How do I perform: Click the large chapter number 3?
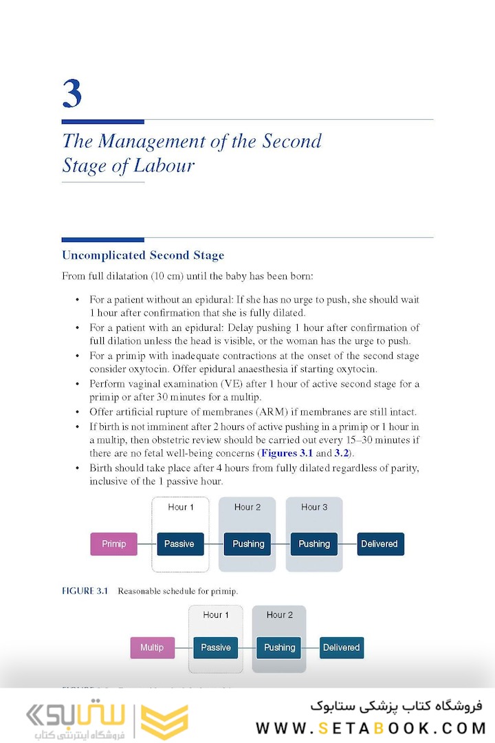tap(72, 94)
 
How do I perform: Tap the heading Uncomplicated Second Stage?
tap(143, 255)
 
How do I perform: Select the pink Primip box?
tap(114, 544)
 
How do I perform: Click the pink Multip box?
tap(152, 647)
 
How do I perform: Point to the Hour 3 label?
tap(314, 507)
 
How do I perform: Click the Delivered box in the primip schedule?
tap(379, 544)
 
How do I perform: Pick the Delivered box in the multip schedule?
tap(341, 647)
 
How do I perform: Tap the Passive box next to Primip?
tap(179, 544)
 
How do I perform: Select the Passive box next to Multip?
tap(216, 647)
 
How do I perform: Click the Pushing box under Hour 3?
tap(314, 544)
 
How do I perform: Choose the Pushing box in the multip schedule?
tap(279, 647)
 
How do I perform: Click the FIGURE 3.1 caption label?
tap(85, 591)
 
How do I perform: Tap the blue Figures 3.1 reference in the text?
tap(287, 453)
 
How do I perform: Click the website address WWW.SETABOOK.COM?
tap(371, 728)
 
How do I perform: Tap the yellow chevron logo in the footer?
tap(164, 721)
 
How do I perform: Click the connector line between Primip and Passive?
tap(147, 544)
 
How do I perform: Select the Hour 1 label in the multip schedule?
tap(216, 614)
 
